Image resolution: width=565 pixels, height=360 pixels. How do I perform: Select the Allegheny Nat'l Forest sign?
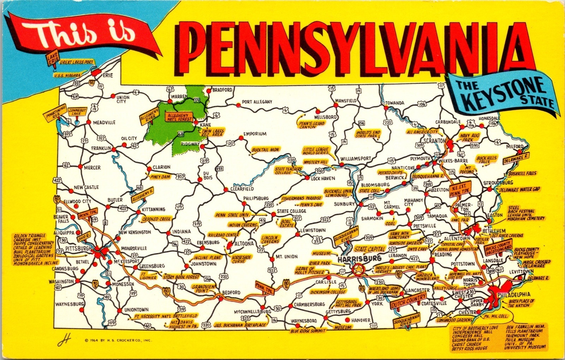[x=179, y=116]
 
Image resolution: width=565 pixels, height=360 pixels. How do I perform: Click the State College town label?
[x=291, y=211]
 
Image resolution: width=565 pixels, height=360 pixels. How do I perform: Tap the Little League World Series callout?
[x=315, y=152]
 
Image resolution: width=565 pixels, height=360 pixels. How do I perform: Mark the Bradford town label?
[x=222, y=90]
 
